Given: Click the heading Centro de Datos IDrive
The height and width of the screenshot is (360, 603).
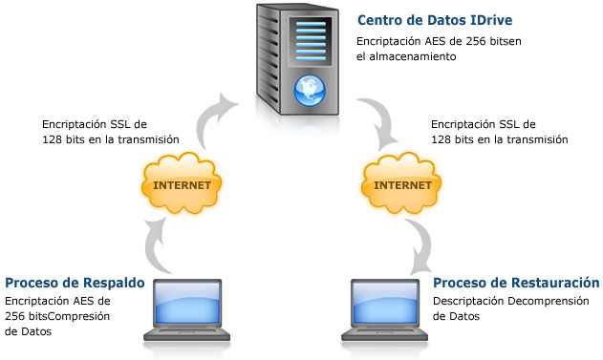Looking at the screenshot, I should point(435,20).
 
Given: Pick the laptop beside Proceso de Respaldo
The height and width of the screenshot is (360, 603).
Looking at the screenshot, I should point(189,309).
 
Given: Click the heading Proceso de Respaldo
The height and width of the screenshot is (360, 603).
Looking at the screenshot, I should point(74,283).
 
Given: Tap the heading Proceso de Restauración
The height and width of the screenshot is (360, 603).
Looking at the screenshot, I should point(516,283).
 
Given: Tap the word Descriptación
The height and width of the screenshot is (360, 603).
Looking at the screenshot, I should point(469,302).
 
